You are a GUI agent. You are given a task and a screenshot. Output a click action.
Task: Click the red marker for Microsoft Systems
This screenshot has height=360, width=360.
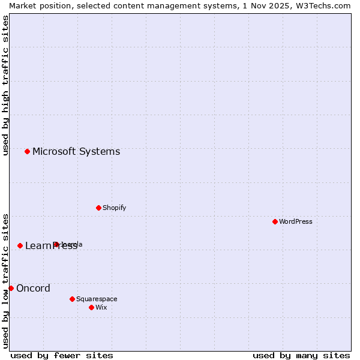point(27,151)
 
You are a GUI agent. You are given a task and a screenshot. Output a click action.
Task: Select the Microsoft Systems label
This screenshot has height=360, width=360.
point(76,152)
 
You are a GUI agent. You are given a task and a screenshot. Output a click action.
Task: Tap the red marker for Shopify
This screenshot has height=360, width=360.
point(98,208)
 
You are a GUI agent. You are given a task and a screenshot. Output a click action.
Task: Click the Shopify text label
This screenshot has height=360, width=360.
point(114,208)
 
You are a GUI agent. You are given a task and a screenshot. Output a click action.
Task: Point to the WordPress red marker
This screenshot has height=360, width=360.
point(275,221)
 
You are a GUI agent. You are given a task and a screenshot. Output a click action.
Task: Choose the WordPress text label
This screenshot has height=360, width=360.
point(296,222)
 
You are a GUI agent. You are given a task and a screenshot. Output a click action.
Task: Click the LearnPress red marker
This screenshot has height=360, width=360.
point(20,245)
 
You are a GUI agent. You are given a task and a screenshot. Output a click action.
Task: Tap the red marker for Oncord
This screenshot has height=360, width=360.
point(11,288)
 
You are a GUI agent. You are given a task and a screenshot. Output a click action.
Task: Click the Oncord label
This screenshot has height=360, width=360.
point(33,289)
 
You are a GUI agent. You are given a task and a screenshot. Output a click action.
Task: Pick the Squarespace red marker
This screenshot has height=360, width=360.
point(72,299)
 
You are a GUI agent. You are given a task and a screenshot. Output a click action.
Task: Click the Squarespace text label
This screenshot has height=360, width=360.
point(97,299)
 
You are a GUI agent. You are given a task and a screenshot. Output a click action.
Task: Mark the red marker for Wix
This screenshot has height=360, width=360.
point(91,307)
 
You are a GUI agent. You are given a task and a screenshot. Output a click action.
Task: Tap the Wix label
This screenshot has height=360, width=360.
point(101,308)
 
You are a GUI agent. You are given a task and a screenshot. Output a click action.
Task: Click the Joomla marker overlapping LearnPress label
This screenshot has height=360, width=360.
point(56,244)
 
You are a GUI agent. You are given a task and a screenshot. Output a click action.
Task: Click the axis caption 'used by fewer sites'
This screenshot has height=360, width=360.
point(62,355)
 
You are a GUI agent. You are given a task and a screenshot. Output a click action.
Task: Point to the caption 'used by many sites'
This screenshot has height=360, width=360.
point(301,355)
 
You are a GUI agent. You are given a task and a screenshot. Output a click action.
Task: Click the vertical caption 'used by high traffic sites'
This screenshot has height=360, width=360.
point(6,85)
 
